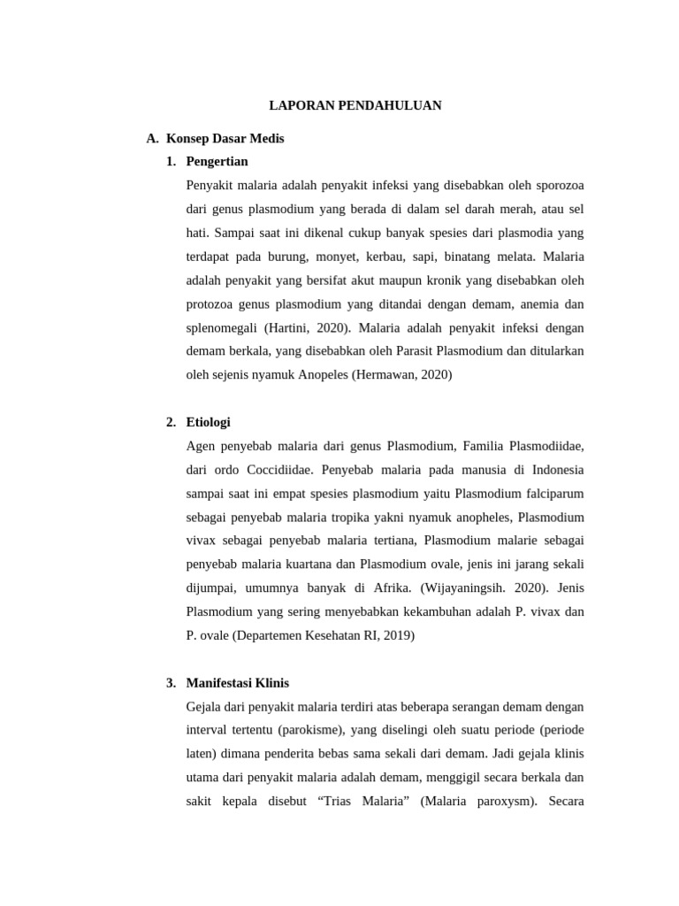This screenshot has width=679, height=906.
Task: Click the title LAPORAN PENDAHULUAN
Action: pos(355,105)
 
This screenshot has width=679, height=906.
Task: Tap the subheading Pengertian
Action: pos(217,161)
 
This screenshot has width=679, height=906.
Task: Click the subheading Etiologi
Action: pos(208,422)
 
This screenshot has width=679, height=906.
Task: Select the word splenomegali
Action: pos(221,326)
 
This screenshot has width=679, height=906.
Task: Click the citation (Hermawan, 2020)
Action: pos(401,374)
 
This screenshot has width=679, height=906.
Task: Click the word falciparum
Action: pos(554,493)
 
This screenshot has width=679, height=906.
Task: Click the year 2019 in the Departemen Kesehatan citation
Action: pos(399,635)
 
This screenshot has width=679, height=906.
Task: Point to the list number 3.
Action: pos(171,683)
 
